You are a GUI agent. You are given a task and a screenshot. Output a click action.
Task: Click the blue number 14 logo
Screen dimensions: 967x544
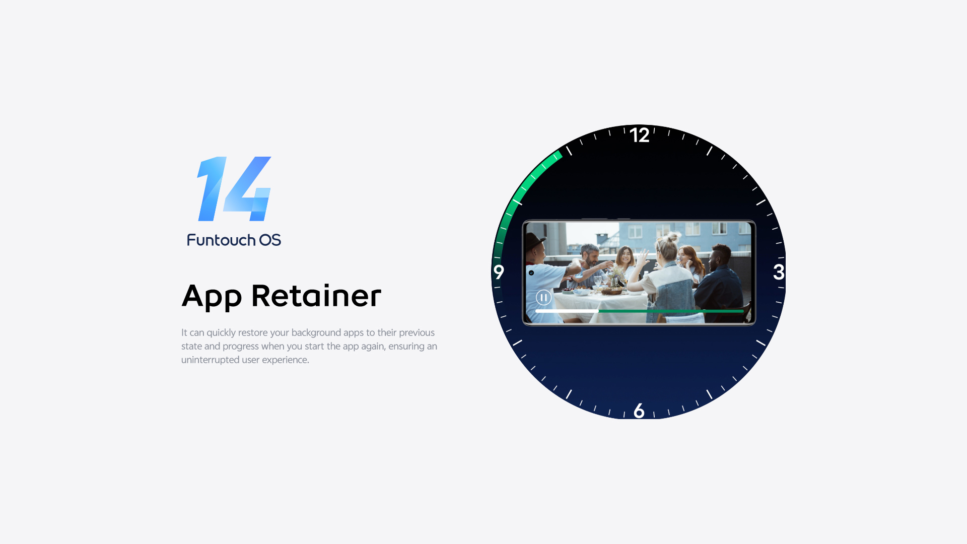234,189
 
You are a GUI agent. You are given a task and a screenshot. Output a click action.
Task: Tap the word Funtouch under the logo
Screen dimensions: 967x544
221,240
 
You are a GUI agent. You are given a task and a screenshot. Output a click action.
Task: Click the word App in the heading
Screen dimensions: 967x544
212,297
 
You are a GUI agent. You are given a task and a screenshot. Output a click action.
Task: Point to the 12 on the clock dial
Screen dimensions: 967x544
639,135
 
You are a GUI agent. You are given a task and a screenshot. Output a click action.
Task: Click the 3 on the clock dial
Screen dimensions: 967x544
779,272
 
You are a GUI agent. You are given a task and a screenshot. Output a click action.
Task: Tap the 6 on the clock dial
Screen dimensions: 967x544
639,411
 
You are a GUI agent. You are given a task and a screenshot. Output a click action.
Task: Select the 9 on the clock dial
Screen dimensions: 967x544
499,272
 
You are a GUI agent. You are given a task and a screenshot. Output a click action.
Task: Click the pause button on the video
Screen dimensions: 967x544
543,298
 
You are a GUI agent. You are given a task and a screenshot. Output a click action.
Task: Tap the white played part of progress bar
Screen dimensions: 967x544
567,311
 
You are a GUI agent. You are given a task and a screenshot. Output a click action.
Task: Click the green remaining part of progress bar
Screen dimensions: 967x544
671,311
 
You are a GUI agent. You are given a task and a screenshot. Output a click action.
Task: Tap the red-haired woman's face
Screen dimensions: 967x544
686,256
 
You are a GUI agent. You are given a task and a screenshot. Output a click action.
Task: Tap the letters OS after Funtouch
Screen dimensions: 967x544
270,240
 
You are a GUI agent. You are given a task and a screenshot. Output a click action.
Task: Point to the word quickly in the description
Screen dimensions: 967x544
221,333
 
